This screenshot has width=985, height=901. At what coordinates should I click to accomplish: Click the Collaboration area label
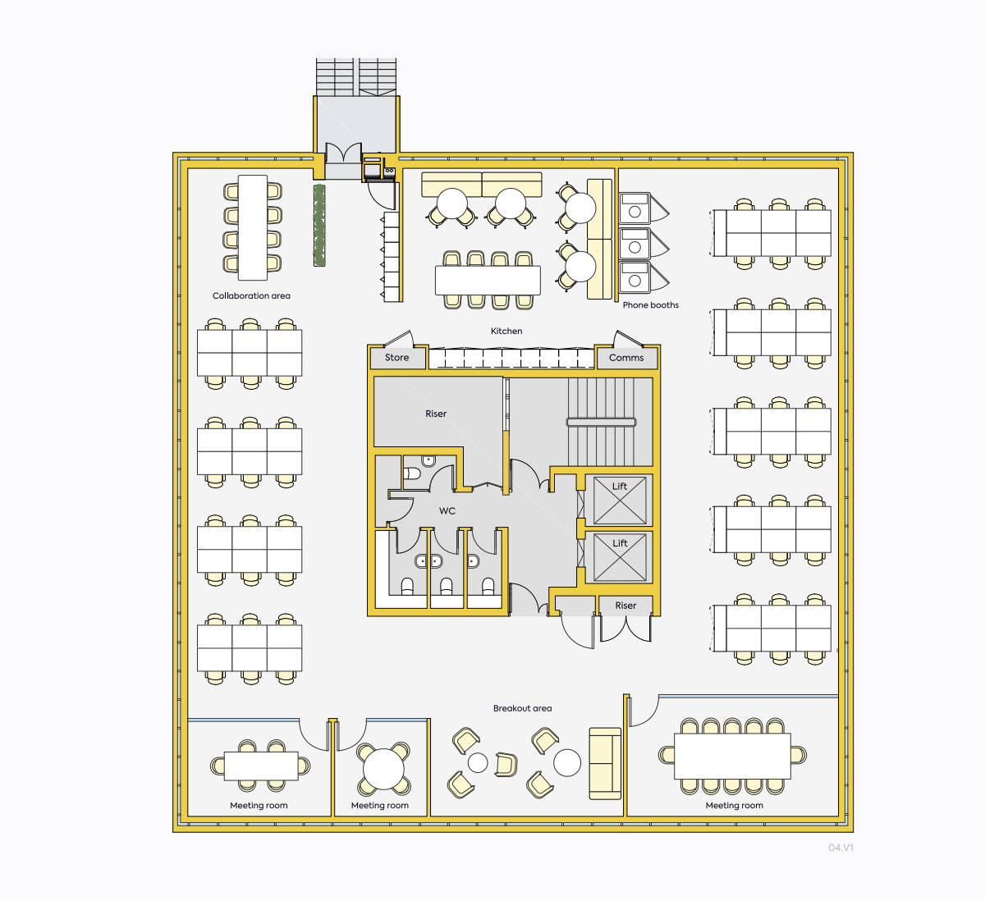click(x=251, y=295)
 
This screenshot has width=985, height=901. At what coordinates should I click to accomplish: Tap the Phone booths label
click(x=651, y=305)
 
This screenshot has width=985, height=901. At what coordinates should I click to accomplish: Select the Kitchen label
click(x=506, y=331)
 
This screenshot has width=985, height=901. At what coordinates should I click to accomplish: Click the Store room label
click(x=396, y=358)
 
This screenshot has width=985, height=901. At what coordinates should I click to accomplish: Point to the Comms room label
click(x=626, y=358)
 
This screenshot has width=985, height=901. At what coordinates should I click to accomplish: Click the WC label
click(x=447, y=510)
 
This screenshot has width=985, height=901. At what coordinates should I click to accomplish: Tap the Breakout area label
click(x=522, y=708)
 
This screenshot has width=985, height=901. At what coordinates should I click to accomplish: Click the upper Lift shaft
click(x=620, y=501)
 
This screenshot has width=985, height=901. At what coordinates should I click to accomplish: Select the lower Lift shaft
click(x=620, y=557)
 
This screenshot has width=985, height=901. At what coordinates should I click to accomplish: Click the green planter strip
click(x=319, y=226)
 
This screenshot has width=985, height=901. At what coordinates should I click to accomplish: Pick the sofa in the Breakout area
click(x=605, y=763)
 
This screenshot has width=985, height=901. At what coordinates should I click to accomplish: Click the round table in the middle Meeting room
click(x=383, y=770)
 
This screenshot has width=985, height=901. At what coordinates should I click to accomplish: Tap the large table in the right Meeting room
click(x=732, y=756)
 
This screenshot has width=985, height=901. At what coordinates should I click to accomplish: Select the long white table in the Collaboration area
click(x=253, y=227)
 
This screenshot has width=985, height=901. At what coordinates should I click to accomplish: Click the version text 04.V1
click(x=841, y=848)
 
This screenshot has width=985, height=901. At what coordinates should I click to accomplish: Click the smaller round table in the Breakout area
click(x=478, y=763)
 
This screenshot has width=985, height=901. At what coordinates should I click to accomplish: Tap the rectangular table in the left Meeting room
click(x=261, y=766)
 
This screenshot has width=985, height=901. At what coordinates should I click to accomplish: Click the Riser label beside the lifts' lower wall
click(x=625, y=606)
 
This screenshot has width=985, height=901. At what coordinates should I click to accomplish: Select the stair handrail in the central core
click(x=602, y=423)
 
